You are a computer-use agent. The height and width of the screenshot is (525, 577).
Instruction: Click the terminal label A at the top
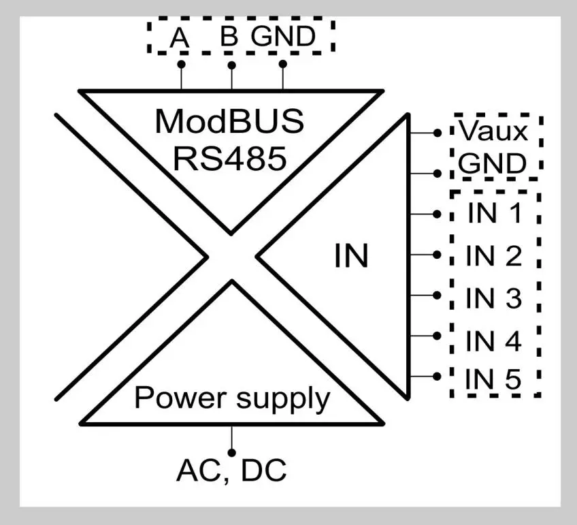[179, 38]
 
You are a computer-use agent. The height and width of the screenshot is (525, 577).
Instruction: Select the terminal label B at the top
[229, 37]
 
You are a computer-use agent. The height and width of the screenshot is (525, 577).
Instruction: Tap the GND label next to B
[284, 37]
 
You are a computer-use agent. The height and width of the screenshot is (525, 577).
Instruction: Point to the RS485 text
[229, 159]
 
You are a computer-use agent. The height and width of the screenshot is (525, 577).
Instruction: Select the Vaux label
[493, 131]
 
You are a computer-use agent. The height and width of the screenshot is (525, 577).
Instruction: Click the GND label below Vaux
[493, 164]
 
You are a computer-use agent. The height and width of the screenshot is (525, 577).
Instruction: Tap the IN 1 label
[494, 213]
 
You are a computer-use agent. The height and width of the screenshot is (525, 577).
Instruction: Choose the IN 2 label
[494, 257]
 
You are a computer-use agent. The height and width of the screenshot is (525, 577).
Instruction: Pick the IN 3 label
[494, 299]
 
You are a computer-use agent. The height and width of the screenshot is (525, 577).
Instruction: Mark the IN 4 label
[494, 342]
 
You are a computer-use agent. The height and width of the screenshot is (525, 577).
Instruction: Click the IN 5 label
[494, 380]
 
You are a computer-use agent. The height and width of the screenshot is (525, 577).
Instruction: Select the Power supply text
[232, 398]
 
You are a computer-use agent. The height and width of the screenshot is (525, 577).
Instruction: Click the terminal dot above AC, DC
[232, 452]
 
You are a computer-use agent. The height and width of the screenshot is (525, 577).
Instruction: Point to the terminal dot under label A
[181, 65]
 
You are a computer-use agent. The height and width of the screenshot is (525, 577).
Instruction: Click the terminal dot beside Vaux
[438, 132]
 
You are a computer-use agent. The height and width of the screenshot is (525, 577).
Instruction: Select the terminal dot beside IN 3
[438, 295]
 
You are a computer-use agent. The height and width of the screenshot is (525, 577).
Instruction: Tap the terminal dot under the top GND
[282, 65]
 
